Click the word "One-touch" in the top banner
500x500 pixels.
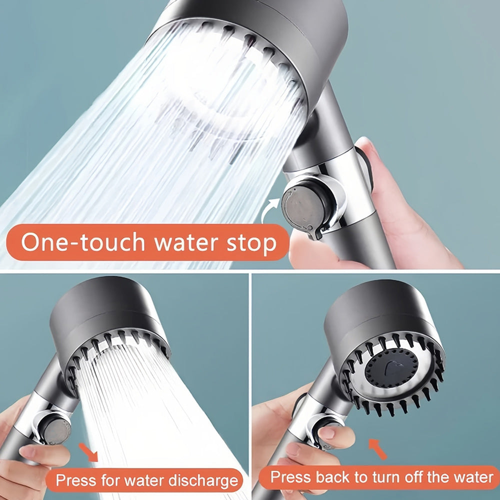(83, 241)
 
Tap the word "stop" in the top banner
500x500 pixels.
(251, 243)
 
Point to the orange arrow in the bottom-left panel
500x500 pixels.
(88, 452)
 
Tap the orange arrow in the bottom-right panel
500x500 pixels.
(377, 449)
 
